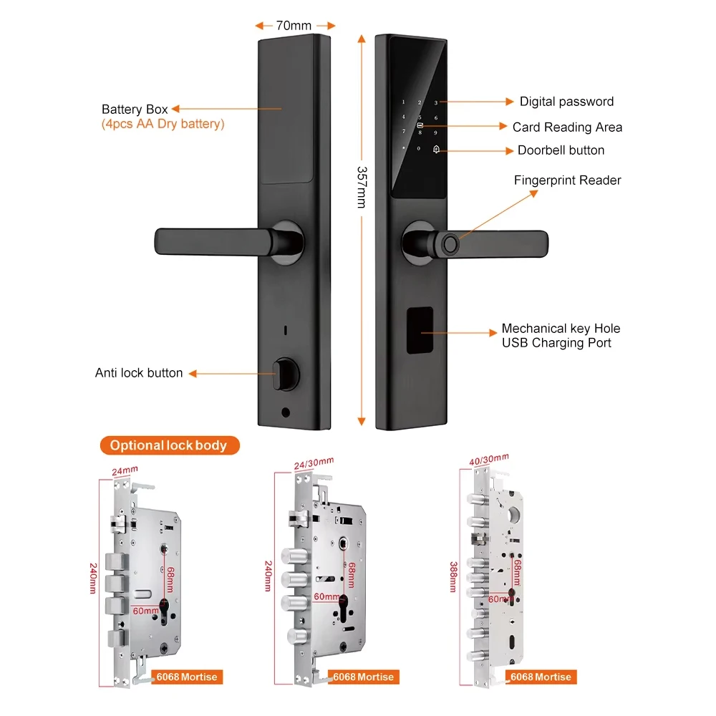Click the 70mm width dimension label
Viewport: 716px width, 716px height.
(294, 26)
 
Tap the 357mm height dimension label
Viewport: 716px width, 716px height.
(362, 187)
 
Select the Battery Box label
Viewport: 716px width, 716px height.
(135, 109)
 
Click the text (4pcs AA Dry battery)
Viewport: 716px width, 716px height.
(163, 124)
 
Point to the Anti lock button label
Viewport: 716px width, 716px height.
(139, 372)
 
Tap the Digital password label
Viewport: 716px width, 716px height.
(566, 102)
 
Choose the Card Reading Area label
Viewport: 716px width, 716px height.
(567, 127)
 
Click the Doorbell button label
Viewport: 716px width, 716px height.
(561, 150)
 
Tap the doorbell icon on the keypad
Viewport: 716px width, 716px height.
(436, 150)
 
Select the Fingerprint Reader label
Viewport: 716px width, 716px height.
(567, 180)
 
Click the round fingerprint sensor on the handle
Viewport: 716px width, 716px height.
(450, 244)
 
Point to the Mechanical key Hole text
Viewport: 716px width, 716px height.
(561, 329)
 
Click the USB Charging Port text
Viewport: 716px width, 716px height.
(556, 342)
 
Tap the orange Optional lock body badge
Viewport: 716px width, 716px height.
(170, 445)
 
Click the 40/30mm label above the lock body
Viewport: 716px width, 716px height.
(488, 460)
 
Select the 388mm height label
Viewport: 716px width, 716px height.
(453, 576)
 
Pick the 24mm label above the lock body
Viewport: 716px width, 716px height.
(125, 470)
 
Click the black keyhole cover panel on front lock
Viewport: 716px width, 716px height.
(420, 330)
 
